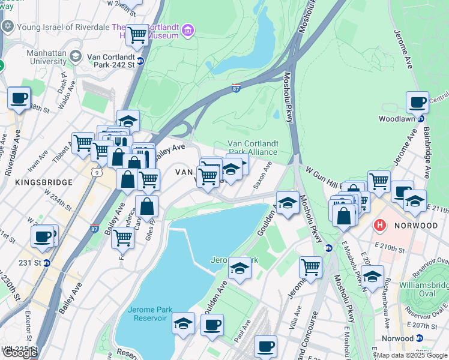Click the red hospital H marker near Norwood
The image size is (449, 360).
pos(380,226)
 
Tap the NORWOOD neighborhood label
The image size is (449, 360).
pos(416,226)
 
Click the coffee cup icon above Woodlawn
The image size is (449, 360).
pos(417,103)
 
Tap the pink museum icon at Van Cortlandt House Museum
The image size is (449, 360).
pos(188,30)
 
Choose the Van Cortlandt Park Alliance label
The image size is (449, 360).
pos(253,148)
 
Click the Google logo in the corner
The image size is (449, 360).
pos(20,353)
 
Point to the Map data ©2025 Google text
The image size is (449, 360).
pos(412,355)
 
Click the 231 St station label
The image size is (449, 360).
pos(29,262)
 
